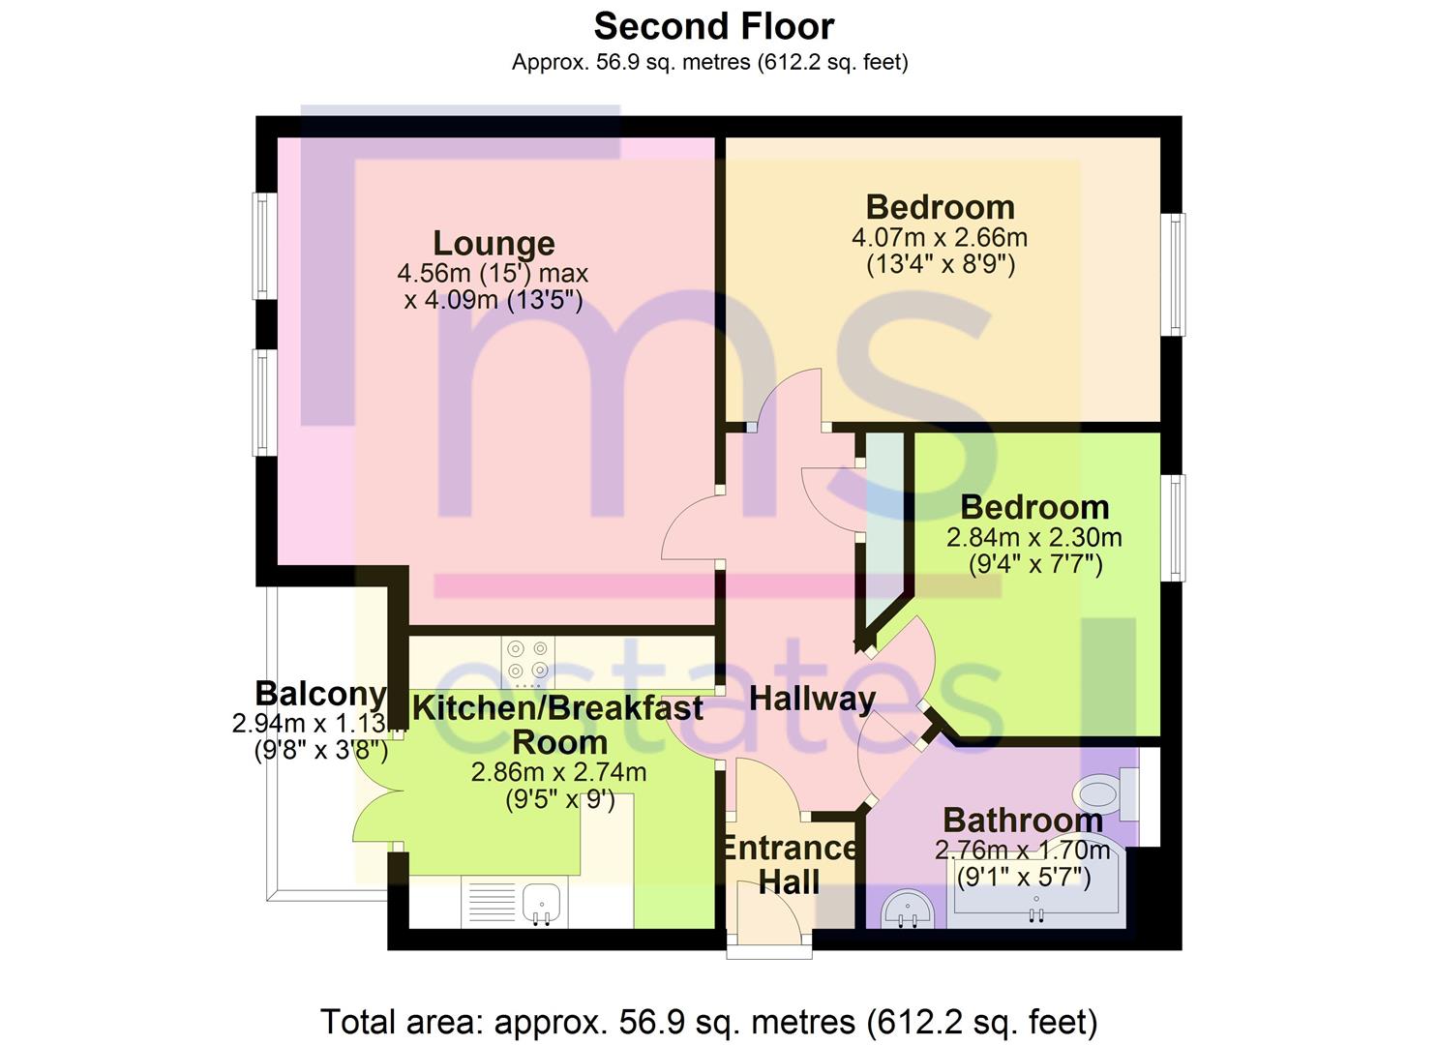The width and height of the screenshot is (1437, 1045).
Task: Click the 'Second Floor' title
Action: pos(713,26)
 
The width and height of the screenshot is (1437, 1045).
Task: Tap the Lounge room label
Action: pos(494,242)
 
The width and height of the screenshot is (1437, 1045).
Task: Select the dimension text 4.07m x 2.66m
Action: pos(939,237)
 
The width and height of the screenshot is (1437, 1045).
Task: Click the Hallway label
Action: pos(812,698)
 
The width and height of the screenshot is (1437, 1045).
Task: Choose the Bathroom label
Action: pos(1023,820)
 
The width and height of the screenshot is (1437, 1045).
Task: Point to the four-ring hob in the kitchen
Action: pos(528,659)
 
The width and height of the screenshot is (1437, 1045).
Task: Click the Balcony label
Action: pos(320,694)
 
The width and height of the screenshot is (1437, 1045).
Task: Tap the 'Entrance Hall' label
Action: pos(789,865)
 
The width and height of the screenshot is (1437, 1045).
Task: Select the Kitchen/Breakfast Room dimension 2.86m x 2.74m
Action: pos(558,772)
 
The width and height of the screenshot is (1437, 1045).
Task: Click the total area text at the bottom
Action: pos(708,1022)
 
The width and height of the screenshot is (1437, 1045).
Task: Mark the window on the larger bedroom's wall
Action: pos(1174,275)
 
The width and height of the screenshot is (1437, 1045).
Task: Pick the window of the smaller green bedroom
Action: pos(1174,527)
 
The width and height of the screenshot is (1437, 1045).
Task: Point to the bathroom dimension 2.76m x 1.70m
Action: pos(1022,851)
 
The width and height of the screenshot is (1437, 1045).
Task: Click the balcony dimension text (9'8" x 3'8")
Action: pos(320,750)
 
